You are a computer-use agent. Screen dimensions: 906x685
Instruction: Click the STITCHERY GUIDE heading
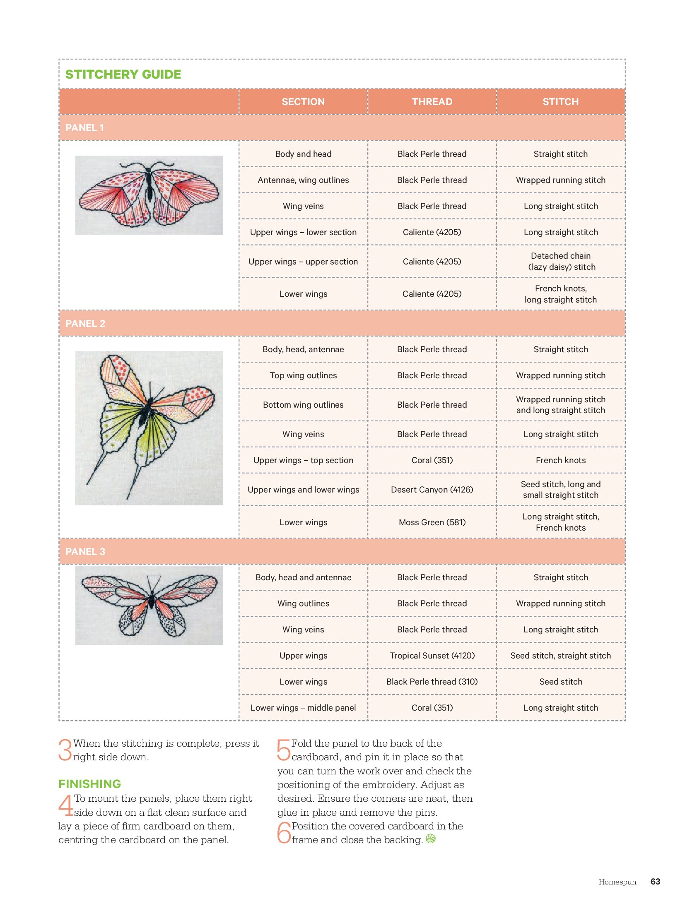pyautogui.click(x=123, y=74)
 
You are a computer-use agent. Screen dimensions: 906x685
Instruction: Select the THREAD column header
pyautogui.click(x=432, y=102)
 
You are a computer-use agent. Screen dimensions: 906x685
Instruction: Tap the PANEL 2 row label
pyautogui.click(x=85, y=324)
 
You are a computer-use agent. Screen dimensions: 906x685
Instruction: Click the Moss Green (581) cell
pyautogui.click(x=432, y=522)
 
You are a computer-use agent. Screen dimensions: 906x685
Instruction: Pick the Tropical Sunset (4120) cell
pyautogui.click(x=432, y=656)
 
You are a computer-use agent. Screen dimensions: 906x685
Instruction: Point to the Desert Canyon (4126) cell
pyautogui.click(x=432, y=490)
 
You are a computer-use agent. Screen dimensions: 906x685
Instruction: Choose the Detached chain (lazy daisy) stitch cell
pyautogui.click(x=561, y=262)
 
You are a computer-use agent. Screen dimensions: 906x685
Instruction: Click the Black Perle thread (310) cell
pyautogui.click(x=432, y=682)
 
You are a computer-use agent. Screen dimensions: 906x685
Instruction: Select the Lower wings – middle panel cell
pyautogui.click(x=303, y=708)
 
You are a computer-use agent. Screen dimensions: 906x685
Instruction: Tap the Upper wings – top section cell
pyautogui.click(x=303, y=460)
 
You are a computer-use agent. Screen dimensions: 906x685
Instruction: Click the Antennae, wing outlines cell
pyautogui.click(x=303, y=180)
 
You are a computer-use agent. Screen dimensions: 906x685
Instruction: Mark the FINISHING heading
pyautogui.click(x=89, y=784)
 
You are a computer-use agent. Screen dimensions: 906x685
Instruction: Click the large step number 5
pyautogui.click(x=284, y=750)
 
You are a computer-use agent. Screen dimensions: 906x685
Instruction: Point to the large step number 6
pyautogui.click(x=284, y=833)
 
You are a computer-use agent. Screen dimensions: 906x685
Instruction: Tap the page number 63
pyautogui.click(x=655, y=882)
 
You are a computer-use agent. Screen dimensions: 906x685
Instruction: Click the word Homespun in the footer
pyautogui.click(x=617, y=882)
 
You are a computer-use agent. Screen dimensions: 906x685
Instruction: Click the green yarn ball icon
pyautogui.click(x=431, y=839)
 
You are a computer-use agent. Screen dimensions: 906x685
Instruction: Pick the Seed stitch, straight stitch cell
pyautogui.click(x=561, y=656)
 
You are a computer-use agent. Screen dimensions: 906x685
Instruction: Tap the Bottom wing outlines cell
pyautogui.click(x=303, y=405)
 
